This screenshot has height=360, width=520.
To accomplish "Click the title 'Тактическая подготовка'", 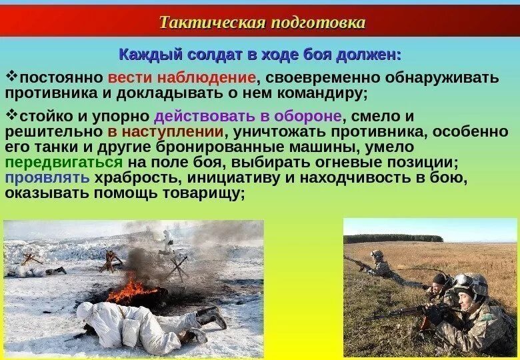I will click(x=262, y=22).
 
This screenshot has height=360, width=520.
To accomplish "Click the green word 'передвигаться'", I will click(x=64, y=163).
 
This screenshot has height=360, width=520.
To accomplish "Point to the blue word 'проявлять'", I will click(x=47, y=178).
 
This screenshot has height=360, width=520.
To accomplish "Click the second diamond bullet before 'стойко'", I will click(x=10, y=115).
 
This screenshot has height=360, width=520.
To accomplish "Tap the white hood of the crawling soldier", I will click(x=85, y=310).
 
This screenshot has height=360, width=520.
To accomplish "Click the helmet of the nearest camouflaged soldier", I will click(x=471, y=283).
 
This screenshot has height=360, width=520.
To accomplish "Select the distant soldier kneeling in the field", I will click(x=379, y=264).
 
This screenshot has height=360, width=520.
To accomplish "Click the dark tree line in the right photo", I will click(x=393, y=238).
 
